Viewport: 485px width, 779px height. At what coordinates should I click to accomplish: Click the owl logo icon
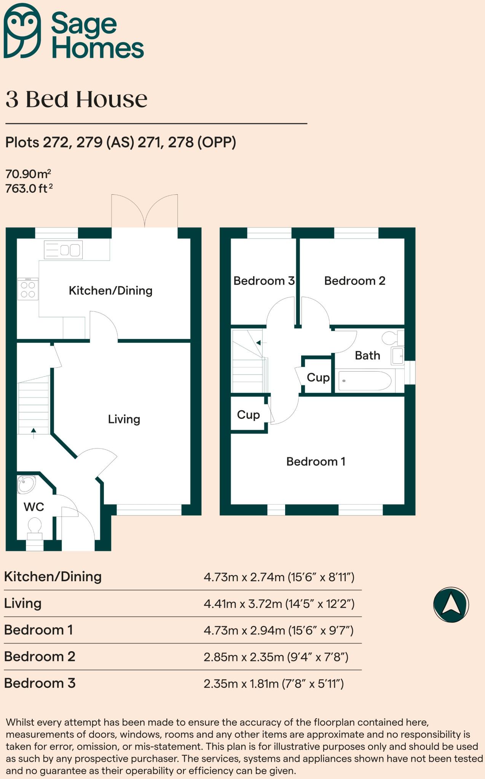pos(22,30)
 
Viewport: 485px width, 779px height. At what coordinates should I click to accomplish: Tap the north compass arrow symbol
pos(451,604)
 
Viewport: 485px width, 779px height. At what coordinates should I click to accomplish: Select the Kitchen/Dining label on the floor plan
pos(110,291)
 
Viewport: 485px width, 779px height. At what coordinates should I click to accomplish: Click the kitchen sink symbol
pos(63,250)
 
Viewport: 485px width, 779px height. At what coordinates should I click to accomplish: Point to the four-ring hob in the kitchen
pos(28,289)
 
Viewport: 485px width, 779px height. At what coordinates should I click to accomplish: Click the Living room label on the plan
pos(124,419)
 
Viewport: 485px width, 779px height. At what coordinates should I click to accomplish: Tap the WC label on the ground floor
pos(34,507)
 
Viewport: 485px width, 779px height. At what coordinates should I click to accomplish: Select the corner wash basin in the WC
pos(26,485)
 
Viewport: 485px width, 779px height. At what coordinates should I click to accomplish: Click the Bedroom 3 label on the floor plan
pos(263,281)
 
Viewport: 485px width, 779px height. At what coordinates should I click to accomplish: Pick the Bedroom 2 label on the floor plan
pos(354,281)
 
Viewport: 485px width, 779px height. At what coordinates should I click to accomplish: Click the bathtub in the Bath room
pos(365,381)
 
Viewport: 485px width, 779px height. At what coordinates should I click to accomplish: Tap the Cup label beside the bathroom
pos(318,377)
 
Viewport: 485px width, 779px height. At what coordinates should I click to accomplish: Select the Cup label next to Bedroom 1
pos(248,415)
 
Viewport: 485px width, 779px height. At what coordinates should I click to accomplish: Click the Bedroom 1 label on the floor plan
pos(316,461)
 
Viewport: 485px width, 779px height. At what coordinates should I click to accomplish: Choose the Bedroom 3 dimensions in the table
pos(273,684)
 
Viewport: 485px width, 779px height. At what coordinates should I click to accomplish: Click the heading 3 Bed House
pos(77,99)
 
